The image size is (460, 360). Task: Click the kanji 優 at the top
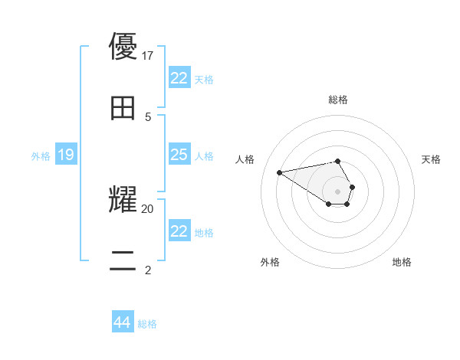point(123,47)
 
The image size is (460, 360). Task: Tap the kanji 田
point(123,108)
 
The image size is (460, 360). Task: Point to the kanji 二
point(123,260)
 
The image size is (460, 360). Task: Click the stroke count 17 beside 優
point(149,55)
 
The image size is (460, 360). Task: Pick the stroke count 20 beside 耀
point(148,208)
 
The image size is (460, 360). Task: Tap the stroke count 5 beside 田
point(148,116)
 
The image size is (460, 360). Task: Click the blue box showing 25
point(179,155)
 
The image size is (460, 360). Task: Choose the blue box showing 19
point(66,155)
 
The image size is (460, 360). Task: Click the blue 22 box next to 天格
point(179,78)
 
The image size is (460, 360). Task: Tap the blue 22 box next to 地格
point(179,231)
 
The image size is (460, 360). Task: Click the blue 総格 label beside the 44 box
point(147,324)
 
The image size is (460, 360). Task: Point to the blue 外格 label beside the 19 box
point(41,156)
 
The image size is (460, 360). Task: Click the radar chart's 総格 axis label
point(338,100)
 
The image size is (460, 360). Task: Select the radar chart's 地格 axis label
point(402,262)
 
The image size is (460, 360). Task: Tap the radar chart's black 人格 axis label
point(245,159)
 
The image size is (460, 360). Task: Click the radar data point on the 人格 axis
point(280,172)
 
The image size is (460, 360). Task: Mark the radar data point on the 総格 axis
point(338,161)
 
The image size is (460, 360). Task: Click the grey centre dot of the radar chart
point(338,191)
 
